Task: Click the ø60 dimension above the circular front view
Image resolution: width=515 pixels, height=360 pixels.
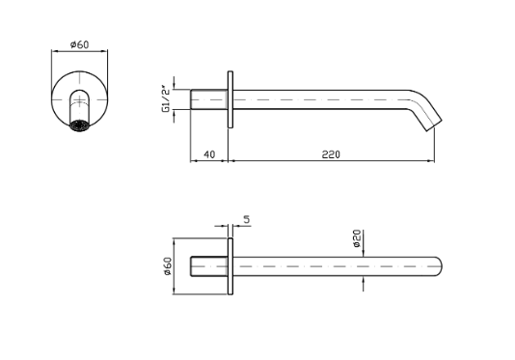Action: [x=80, y=44]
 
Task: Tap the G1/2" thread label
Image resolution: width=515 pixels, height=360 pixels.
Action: [x=166, y=99]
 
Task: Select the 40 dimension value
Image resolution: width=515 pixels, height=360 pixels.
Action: [x=209, y=154]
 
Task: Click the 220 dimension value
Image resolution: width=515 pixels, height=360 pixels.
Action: [x=331, y=154]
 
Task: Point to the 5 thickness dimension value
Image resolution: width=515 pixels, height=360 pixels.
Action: [x=247, y=219]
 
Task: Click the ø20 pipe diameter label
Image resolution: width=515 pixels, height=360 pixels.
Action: [x=357, y=238]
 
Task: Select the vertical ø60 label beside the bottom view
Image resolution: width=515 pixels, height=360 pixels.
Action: [x=167, y=266]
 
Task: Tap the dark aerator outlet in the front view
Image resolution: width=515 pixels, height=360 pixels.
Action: [x=79, y=125]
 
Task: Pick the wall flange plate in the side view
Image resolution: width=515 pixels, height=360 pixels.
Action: [x=230, y=99]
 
